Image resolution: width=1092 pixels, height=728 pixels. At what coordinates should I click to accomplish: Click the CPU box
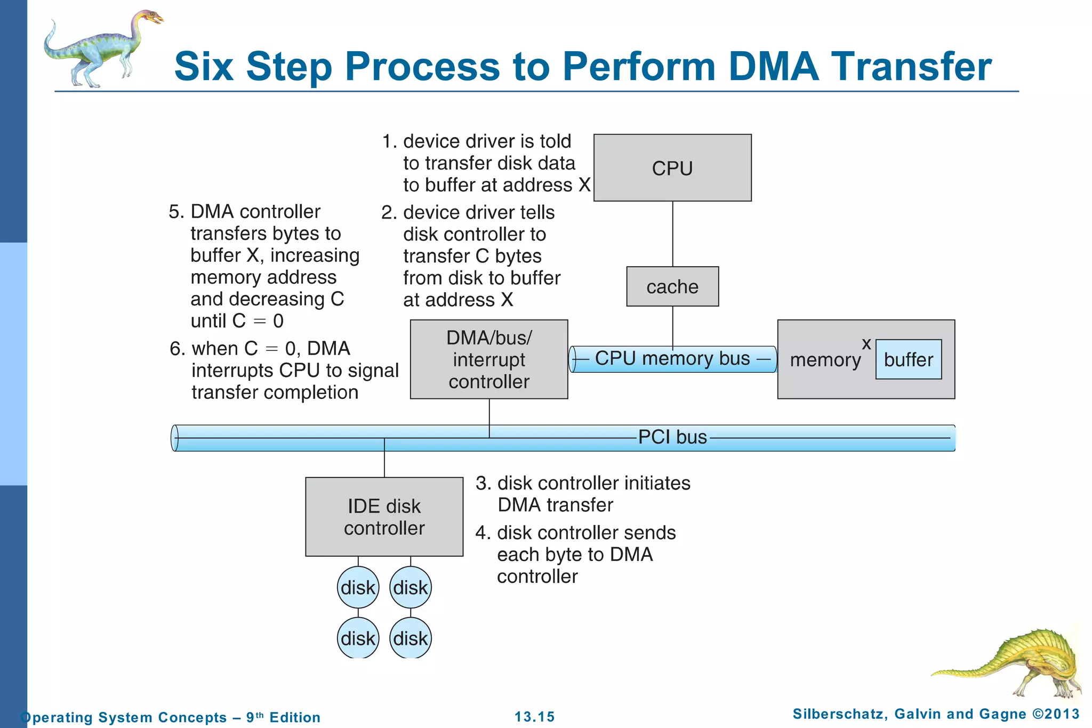(x=672, y=167)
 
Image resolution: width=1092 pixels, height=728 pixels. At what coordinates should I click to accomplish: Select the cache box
(x=672, y=286)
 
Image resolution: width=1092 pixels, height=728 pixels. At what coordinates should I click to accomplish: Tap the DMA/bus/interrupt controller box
(x=489, y=359)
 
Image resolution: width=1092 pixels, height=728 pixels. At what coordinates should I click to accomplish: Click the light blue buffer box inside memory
(x=908, y=359)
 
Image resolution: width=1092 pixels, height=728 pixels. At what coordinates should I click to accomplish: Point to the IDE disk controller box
(x=384, y=517)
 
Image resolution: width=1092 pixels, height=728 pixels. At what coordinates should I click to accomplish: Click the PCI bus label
(x=672, y=437)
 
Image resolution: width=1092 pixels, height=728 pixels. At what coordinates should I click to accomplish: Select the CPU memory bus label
(x=672, y=358)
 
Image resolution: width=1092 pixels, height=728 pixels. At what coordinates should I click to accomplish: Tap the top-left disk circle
(x=358, y=588)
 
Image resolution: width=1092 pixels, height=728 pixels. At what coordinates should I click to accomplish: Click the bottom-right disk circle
(x=410, y=638)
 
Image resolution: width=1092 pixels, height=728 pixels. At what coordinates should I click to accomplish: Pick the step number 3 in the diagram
(x=482, y=483)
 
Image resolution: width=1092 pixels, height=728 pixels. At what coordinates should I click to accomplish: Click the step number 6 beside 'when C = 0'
(x=176, y=349)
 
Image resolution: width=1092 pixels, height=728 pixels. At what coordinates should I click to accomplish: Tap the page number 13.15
(x=534, y=717)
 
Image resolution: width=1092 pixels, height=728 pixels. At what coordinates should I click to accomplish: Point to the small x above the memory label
(x=866, y=344)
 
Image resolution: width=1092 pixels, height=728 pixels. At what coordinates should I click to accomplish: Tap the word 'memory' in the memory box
(x=825, y=360)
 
